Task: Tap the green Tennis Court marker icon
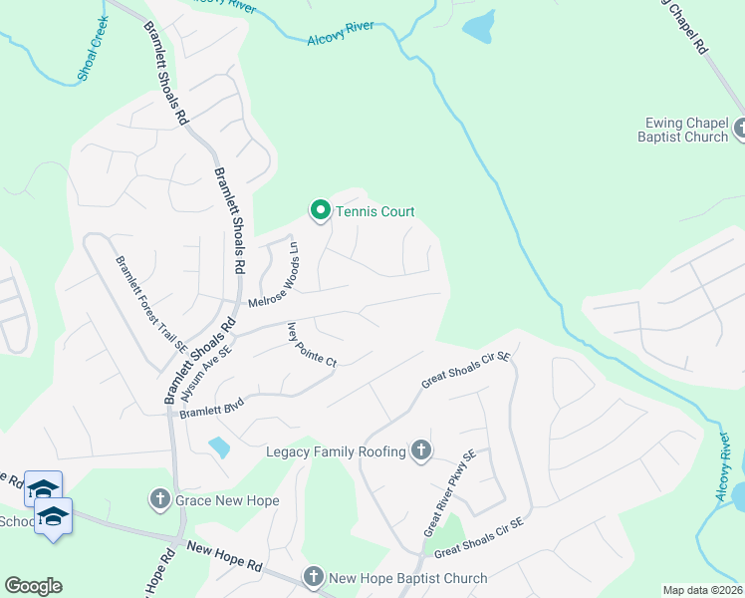point(320,210)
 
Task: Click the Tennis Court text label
point(374,211)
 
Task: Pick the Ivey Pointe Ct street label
point(312,345)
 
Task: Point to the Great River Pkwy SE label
point(450,492)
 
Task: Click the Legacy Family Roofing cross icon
point(421,451)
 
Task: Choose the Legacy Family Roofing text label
point(337,452)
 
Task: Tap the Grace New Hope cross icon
point(159,498)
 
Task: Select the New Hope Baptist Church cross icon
point(314,577)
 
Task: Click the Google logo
point(33,586)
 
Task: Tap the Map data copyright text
point(702,590)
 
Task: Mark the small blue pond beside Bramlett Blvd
point(219,447)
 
